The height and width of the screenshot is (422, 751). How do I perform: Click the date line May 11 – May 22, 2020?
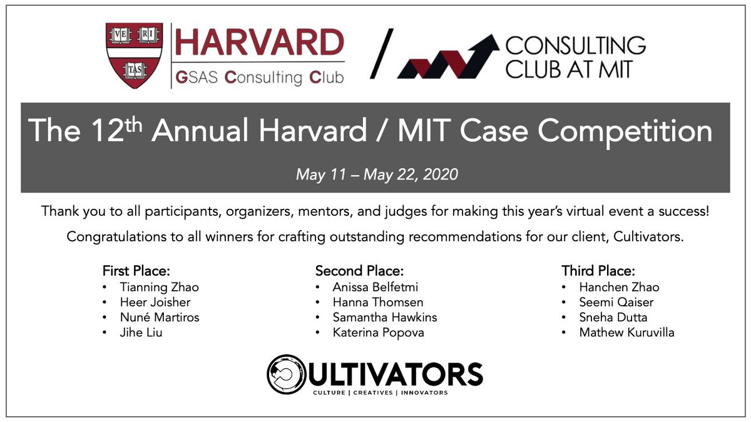[377, 174]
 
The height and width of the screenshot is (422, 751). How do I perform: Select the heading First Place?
[136, 271]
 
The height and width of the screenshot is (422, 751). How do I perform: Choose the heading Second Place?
[359, 271]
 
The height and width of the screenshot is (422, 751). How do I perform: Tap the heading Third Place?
[598, 271]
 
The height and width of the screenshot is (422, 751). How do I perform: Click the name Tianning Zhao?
[159, 288]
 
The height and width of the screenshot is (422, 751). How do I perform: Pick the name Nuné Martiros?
[160, 318]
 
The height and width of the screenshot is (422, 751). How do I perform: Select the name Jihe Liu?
[141, 333]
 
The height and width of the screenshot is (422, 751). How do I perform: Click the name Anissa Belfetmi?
[375, 288]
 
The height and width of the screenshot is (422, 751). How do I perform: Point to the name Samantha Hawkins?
[385, 318]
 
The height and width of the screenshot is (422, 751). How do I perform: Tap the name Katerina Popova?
[378, 333]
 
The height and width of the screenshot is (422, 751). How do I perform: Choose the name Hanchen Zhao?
[619, 288]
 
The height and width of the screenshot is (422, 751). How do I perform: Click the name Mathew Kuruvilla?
[626, 333]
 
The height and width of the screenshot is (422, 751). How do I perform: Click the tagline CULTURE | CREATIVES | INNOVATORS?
[380, 393]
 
